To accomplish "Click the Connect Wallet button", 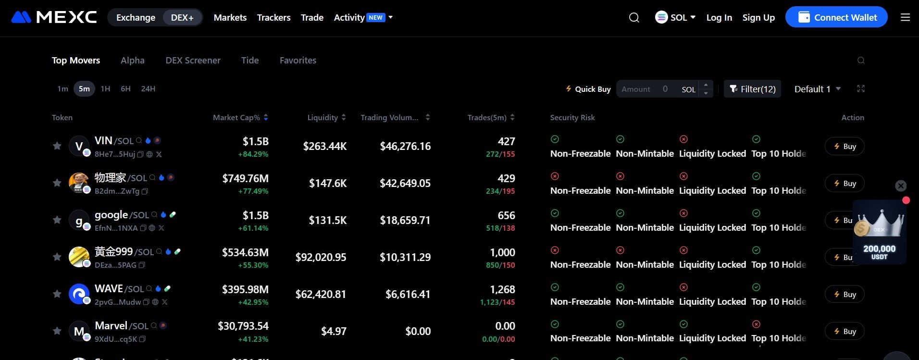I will coord(836,17).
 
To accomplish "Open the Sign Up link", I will coord(758,17).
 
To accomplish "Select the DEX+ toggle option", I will coord(182,17).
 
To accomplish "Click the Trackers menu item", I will coord(273,17).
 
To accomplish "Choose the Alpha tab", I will coord(133,60).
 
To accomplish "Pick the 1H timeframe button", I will coord(105,88).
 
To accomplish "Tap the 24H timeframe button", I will coord(148,88).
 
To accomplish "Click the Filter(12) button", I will coord(752,89).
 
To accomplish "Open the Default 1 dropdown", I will coord(817,89).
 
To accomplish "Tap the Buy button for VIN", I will coord(844,146).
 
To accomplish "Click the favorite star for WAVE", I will coord(57,294).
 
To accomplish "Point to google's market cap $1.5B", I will coord(255,215).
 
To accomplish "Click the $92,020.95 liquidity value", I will coord(321,257).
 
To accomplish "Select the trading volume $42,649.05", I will coord(405,183).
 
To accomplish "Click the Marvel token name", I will coord(111,325).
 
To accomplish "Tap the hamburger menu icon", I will coord(905,17).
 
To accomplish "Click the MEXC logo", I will coord(54,17).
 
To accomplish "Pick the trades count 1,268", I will coord(502,289).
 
